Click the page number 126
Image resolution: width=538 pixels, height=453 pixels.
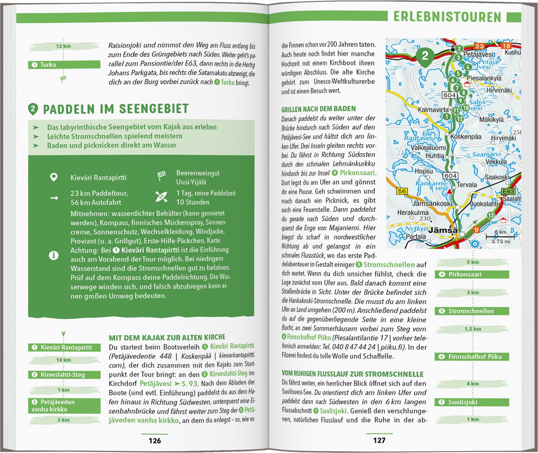pos(155,441)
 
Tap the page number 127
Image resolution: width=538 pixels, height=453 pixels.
pos(379,440)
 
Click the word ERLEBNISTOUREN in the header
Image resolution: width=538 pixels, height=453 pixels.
pos(447,17)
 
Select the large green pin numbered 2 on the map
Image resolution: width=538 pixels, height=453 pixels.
pos(425,56)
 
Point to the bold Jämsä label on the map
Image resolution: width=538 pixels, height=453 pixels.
pos(443,230)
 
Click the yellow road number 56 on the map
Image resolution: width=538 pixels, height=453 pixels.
pos(402,191)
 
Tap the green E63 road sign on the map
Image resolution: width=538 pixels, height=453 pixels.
pos(508,192)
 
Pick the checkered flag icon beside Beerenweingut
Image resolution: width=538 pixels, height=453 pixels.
pos(162,176)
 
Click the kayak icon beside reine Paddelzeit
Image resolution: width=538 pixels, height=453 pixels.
pos(161,197)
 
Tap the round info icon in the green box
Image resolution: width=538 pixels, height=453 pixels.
pos(54,256)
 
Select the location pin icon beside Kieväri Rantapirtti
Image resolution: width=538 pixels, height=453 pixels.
pos(54,177)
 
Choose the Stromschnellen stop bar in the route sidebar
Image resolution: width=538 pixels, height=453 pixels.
pos(472,311)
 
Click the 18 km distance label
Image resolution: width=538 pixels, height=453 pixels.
pos(63,360)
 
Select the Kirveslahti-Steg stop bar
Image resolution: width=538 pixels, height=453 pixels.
pos(64,375)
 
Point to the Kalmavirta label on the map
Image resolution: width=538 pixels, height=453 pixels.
pos(433,109)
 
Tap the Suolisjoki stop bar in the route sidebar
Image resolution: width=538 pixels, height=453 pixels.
pos(472,402)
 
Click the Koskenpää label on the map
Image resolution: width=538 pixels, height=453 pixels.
pos(466,137)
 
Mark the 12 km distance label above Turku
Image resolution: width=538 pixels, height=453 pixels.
pos(63,46)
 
